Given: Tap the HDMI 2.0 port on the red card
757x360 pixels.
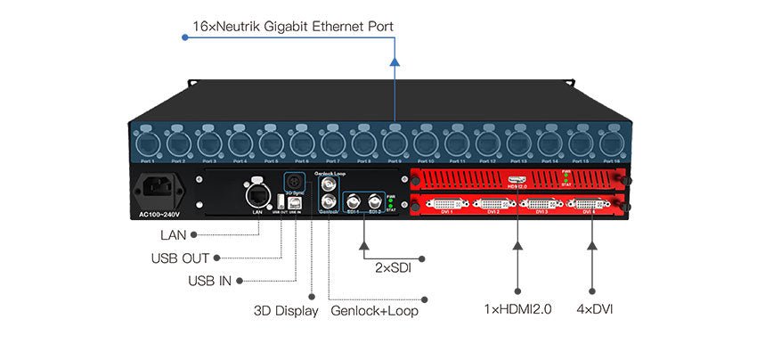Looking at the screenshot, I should pos(517,181).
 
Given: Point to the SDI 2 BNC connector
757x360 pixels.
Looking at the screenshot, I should pos(375,200).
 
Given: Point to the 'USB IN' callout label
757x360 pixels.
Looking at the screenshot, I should pos(209,281).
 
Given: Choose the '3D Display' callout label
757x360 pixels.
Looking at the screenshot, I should pos(286,312).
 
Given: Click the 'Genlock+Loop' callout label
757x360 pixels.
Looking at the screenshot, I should pos(374,312).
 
